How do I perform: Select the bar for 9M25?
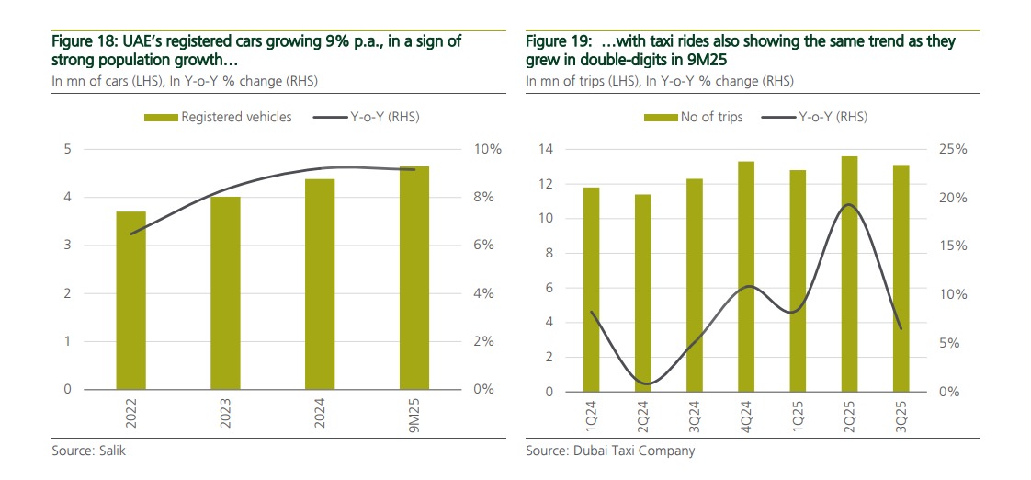(x=414, y=277)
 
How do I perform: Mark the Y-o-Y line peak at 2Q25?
(x=850, y=204)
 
